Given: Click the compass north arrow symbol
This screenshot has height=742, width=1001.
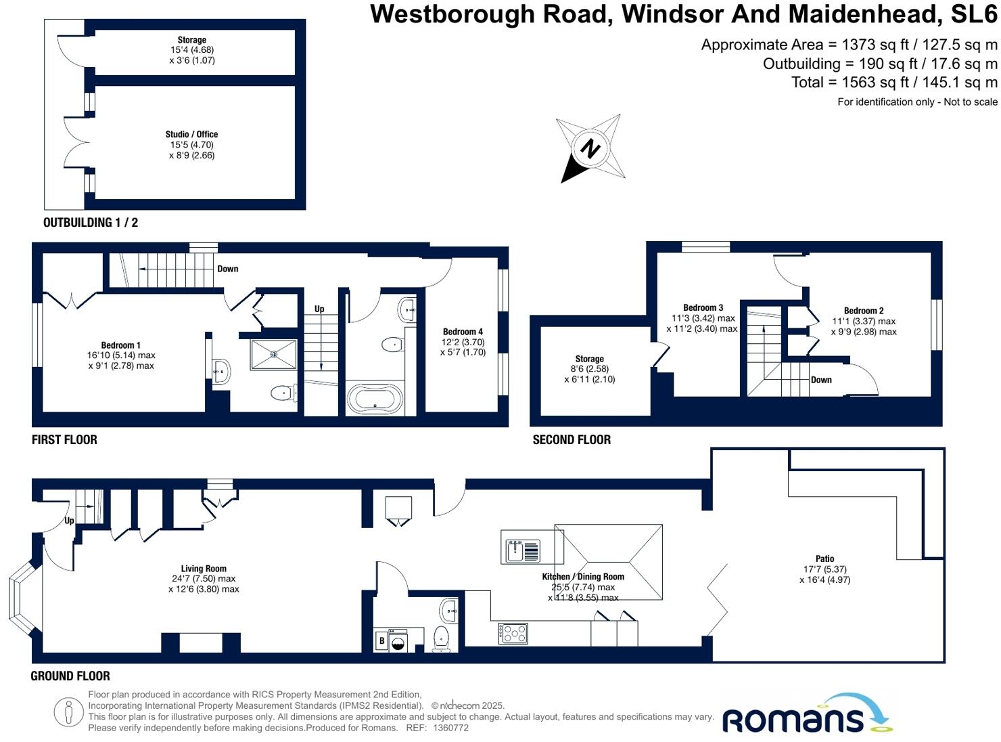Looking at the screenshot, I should pos(590,148).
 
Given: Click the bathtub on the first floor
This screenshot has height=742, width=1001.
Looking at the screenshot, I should pos(375,399).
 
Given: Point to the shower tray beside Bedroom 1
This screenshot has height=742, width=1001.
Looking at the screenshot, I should pos(273,354).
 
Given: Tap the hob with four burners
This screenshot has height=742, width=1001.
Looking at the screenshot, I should pos(513,633).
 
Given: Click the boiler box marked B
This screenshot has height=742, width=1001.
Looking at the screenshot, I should pos(381,641).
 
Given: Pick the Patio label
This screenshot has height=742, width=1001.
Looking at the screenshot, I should pos(824,559).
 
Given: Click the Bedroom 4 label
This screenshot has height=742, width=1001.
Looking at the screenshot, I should pos(463,332).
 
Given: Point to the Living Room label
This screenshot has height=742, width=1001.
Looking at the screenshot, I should pos(204,569).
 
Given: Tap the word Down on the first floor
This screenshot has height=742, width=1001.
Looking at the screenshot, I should pos(228,269).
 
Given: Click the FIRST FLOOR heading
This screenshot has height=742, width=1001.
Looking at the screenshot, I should pos(64,439).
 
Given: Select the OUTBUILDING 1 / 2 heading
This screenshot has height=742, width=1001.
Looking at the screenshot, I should pos(91,223).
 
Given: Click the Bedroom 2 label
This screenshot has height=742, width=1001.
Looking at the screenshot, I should pos(864,311).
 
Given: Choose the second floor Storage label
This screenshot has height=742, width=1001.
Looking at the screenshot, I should pos(589,359).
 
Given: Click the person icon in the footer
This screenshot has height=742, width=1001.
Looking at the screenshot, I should pos(68,712).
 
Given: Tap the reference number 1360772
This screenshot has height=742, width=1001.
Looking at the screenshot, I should pos(450,728).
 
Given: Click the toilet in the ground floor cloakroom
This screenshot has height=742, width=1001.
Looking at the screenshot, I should pos(441,638).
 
